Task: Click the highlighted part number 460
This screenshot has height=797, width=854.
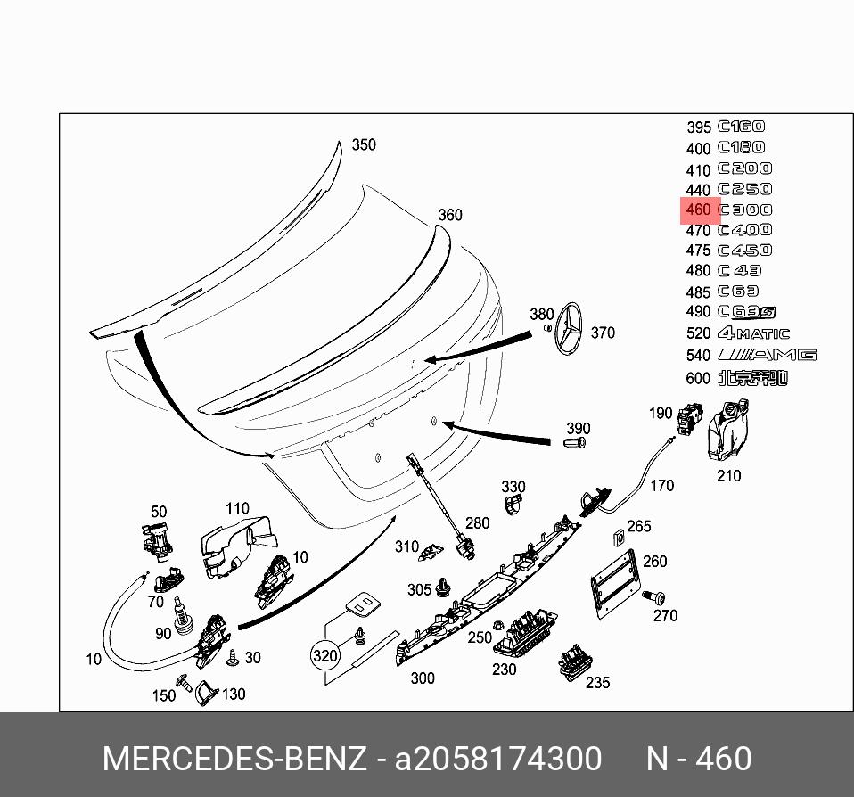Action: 699,210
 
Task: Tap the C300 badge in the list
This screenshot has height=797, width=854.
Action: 745,210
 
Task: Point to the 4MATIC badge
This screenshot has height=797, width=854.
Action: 753,333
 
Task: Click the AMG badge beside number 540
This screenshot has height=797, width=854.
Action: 766,355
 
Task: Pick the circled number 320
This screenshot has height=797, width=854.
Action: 325,657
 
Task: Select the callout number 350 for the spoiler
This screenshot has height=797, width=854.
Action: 364,145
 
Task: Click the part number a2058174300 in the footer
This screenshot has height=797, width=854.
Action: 498,759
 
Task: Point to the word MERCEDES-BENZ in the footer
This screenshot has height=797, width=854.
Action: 234,759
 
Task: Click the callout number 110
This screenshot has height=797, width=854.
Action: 237,509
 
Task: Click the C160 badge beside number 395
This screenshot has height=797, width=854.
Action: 742,127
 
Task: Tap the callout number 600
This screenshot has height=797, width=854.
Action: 698,378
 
